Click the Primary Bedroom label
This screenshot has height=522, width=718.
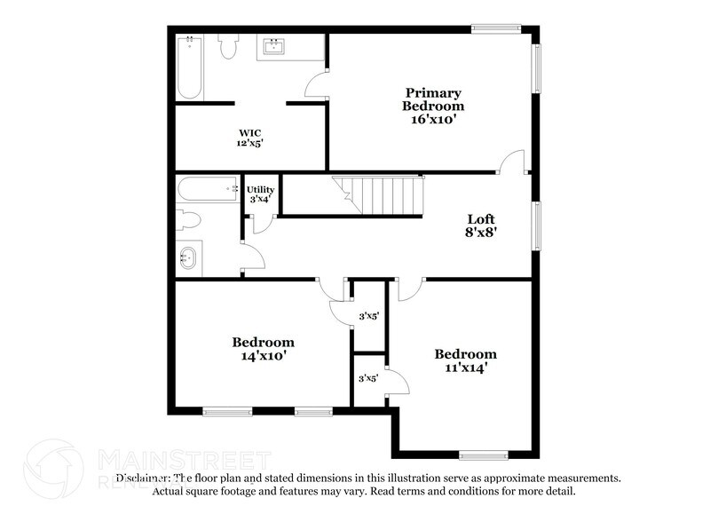click(x=434, y=99)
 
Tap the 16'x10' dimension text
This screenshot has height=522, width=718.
click(x=434, y=118)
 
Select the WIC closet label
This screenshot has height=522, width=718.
click(x=249, y=132)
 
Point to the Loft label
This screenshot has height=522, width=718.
click(x=481, y=218)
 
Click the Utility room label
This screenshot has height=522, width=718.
click(x=261, y=189)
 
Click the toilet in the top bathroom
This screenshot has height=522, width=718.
click(x=229, y=46)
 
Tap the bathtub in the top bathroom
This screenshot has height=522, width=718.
click(x=189, y=67)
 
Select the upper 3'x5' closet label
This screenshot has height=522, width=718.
click(x=368, y=316)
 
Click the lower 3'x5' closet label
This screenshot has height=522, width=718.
click(x=368, y=378)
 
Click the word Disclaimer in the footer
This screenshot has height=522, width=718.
click(x=142, y=478)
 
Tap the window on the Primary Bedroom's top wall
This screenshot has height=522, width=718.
click(x=496, y=29)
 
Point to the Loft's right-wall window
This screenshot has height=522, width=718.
click(x=536, y=225)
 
